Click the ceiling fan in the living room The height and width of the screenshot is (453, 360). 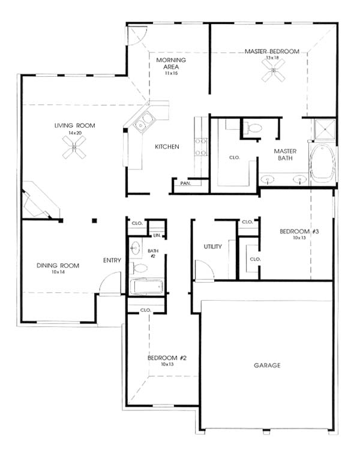click(x=74, y=148)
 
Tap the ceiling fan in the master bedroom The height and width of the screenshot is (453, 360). click(x=274, y=70)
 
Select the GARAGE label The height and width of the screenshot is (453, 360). click(x=267, y=365)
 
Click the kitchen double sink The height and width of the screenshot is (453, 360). click(x=144, y=122)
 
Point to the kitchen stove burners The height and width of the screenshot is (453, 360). click(x=201, y=147)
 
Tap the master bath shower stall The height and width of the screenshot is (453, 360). click(x=325, y=129)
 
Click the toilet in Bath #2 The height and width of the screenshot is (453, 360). click(x=139, y=268)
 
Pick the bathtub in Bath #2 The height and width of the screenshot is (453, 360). click(x=146, y=286)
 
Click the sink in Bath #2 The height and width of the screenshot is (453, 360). click(x=135, y=248)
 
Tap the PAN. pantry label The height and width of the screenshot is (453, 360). click(x=185, y=184)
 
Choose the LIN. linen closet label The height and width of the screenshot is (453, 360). click(x=157, y=235)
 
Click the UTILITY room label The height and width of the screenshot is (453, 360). click(x=212, y=247)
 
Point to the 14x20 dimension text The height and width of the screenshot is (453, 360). click(x=74, y=133)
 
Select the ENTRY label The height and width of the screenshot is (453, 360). click(x=112, y=260)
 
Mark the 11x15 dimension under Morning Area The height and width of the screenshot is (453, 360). click(x=172, y=73)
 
